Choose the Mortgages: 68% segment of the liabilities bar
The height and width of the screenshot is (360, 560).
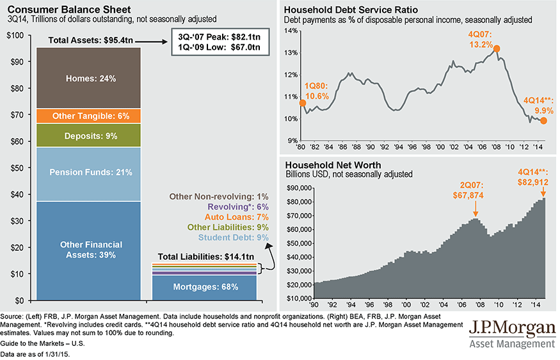coord(205,287)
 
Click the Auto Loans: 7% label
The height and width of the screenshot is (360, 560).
coord(238,217)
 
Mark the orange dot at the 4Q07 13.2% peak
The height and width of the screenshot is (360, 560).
coord(497,49)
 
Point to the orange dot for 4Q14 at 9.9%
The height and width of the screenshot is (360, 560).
coord(543,120)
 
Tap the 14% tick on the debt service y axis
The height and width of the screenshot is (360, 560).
coord(290,31)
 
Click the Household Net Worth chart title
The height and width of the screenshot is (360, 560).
coord(332,165)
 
